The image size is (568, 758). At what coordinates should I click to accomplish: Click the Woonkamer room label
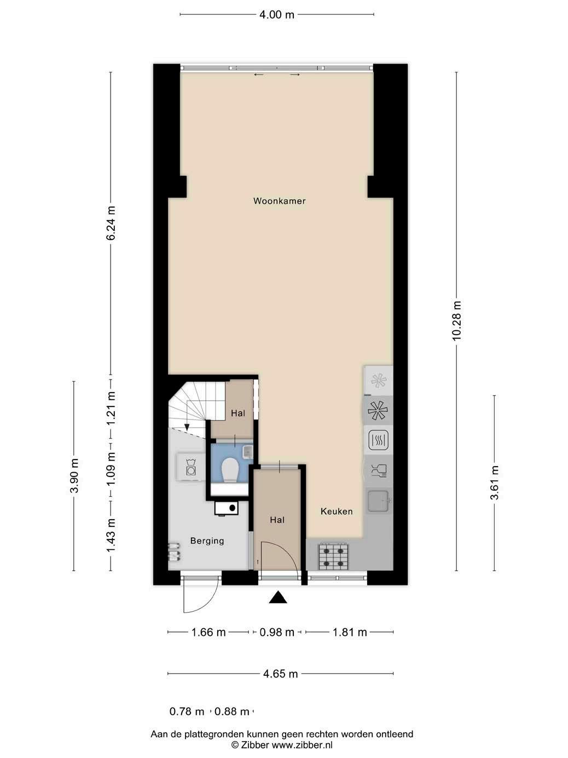click(x=279, y=201)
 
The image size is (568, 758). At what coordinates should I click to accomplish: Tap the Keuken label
click(x=337, y=512)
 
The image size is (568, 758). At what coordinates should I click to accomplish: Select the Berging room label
click(x=207, y=541)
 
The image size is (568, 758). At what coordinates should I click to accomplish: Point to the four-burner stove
click(x=333, y=556)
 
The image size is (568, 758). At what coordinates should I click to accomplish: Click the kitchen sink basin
click(x=378, y=501)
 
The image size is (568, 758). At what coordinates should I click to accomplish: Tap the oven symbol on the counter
click(x=378, y=440)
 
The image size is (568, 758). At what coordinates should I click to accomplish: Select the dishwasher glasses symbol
click(x=379, y=470)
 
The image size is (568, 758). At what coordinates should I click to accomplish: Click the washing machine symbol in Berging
click(x=190, y=467)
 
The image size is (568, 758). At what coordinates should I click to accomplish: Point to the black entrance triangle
click(x=278, y=598)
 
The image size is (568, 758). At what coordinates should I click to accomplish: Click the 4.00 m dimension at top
click(x=276, y=14)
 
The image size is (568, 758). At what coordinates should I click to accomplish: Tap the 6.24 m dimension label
click(x=111, y=223)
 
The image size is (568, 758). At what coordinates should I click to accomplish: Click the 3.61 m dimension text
click(x=495, y=483)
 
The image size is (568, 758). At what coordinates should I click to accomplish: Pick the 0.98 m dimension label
click(x=277, y=632)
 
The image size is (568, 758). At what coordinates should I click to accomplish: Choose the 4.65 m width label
click(x=280, y=674)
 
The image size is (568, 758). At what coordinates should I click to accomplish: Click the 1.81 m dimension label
click(x=350, y=632)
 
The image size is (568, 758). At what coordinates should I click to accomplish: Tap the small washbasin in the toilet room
click(x=248, y=451)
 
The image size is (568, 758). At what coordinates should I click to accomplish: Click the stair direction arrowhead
click(x=187, y=427)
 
